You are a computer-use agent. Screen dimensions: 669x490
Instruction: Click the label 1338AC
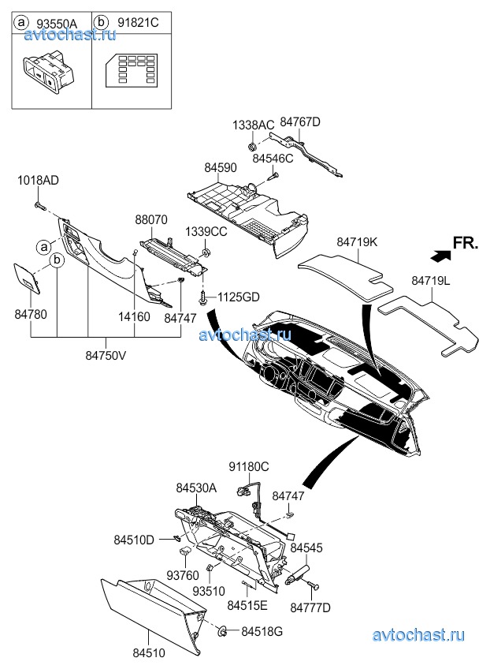253,125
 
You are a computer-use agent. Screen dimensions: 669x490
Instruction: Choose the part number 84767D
301,121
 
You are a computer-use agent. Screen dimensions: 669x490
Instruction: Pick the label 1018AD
38,181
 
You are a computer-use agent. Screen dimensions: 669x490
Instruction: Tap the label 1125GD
238,297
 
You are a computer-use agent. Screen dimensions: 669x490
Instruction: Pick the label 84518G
261,631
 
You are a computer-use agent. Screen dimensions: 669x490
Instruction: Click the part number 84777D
310,607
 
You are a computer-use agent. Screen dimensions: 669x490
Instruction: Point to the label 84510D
134,540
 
